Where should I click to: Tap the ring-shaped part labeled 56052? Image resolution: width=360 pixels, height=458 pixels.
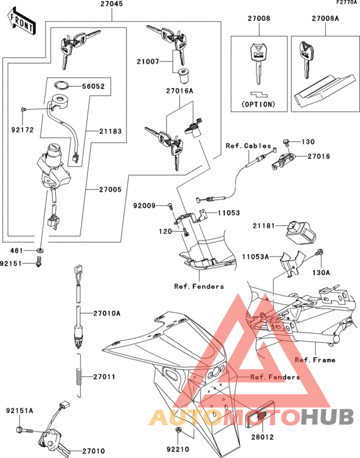click(62, 85)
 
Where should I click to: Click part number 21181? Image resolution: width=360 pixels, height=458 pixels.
click(265, 226)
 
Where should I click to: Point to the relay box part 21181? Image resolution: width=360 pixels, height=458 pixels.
click(301, 228)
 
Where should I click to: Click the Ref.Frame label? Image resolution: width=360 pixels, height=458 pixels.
click(315, 360)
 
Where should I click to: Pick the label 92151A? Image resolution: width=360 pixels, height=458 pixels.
click(20, 410)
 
